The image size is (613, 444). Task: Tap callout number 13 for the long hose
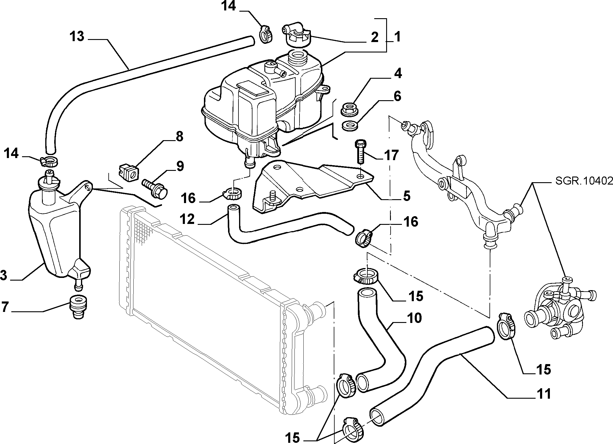point(77,37)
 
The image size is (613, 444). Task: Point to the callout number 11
point(544,394)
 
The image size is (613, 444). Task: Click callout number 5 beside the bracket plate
point(406,196)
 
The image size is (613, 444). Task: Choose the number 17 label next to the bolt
point(391,155)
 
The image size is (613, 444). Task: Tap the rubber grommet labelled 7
point(78,308)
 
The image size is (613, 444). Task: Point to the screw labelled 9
point(155,187)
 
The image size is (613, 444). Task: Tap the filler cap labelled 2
point(296,36)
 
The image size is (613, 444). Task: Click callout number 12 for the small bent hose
point(187,219)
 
